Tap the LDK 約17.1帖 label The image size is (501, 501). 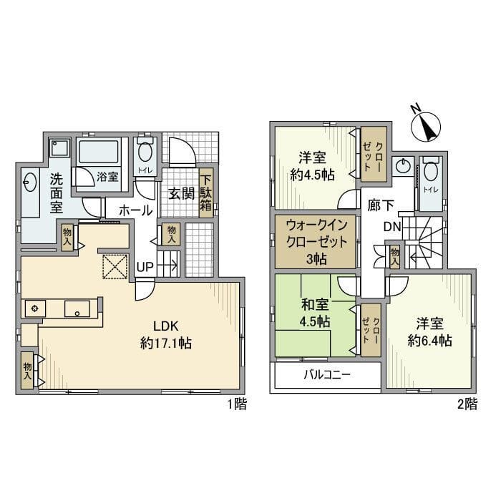tap(166, 335)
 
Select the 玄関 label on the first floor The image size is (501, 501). tap(181, 193)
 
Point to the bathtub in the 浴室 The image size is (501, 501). tap(99, 152)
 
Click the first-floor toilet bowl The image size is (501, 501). tap(145, 152)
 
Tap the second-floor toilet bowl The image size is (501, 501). tap(431, 172)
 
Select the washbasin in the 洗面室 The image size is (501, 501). tap(30, 182)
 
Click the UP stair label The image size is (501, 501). tap(145, 267)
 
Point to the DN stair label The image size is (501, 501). tap(392, 227)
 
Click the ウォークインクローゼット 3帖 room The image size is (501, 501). tap(316, 242)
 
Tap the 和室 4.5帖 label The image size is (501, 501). tap(315, 313)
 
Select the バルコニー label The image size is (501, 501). tap(327, 374)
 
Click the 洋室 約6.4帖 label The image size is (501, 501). tap(429, 332)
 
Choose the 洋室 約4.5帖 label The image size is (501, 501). tap(312, 166)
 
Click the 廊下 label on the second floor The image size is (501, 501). tap(380, 205)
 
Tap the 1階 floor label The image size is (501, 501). tap(237, 404)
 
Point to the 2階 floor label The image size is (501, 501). tap(467, 404)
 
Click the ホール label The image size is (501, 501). tap(136, 211)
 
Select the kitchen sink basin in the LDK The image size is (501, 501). tap(77, 308)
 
